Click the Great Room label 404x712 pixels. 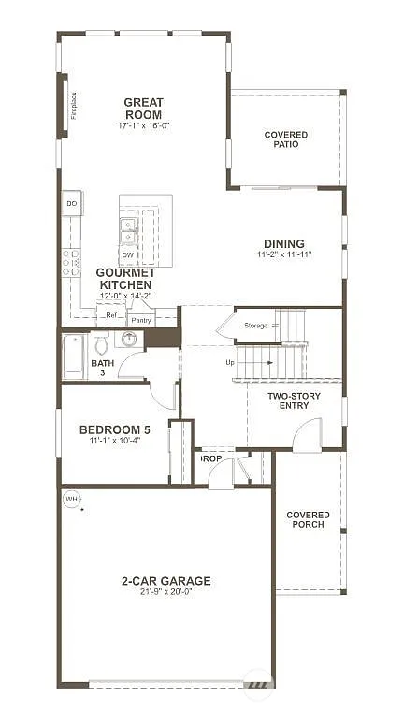click(143, 109)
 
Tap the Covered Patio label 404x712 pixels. click(285, 139)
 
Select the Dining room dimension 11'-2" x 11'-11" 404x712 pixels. click(285, 254)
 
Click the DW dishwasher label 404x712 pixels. click(128, 254)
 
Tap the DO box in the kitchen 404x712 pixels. click(72, 203)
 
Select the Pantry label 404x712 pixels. click(141, 320)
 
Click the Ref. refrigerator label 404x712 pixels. click(110, 315)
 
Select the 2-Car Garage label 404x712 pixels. click(166, 581)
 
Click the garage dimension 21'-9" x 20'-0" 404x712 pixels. click(166, 593)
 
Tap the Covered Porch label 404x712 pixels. click(308, 519)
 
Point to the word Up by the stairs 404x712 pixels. click(230, 362)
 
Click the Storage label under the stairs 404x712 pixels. click(256, 325)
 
